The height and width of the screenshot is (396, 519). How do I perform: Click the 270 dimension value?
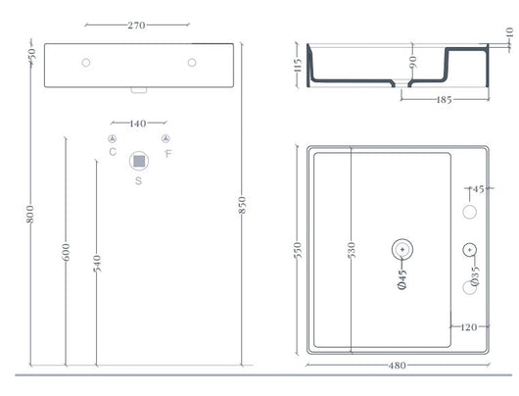click(x=138, y=25)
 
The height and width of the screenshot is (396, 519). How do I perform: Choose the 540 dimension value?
click(x=95, y=265)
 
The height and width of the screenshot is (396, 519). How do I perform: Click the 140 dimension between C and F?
click(x=138, y=124)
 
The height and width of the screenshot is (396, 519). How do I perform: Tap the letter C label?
click(x=113, y=152)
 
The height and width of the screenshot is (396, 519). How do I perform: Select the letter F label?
click(x=168, y=152)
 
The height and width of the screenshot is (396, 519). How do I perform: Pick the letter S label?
click(x=138, y=181)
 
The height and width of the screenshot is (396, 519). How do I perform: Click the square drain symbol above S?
click(x=138, y=160)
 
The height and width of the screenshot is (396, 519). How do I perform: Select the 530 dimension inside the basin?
click(x=349, y=250)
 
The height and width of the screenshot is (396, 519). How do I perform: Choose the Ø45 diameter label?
click(x=401, y=279)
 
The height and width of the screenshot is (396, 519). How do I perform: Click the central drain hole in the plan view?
click(x=401, y=249)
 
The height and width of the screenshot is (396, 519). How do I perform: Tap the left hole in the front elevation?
click(x=87, y=63)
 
